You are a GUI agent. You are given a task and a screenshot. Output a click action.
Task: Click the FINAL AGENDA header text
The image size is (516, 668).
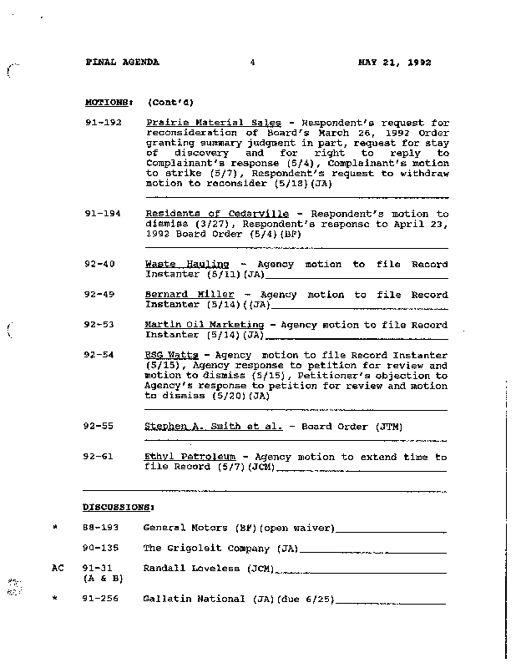[123, 63]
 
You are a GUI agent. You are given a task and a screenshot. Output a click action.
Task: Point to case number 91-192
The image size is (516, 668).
[103, 123]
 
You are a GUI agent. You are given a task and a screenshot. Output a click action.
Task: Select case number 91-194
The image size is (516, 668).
[103, 214]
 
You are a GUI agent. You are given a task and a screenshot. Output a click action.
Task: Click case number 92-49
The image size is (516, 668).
[99, 295]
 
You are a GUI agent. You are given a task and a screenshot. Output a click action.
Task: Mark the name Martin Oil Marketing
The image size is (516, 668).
[205, 325]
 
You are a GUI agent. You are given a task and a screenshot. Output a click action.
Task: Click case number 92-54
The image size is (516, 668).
[99, 355]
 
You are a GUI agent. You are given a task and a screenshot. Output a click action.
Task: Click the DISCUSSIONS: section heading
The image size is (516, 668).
[118, 507]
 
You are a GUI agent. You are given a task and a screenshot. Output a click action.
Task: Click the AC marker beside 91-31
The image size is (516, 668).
[58, 568]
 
